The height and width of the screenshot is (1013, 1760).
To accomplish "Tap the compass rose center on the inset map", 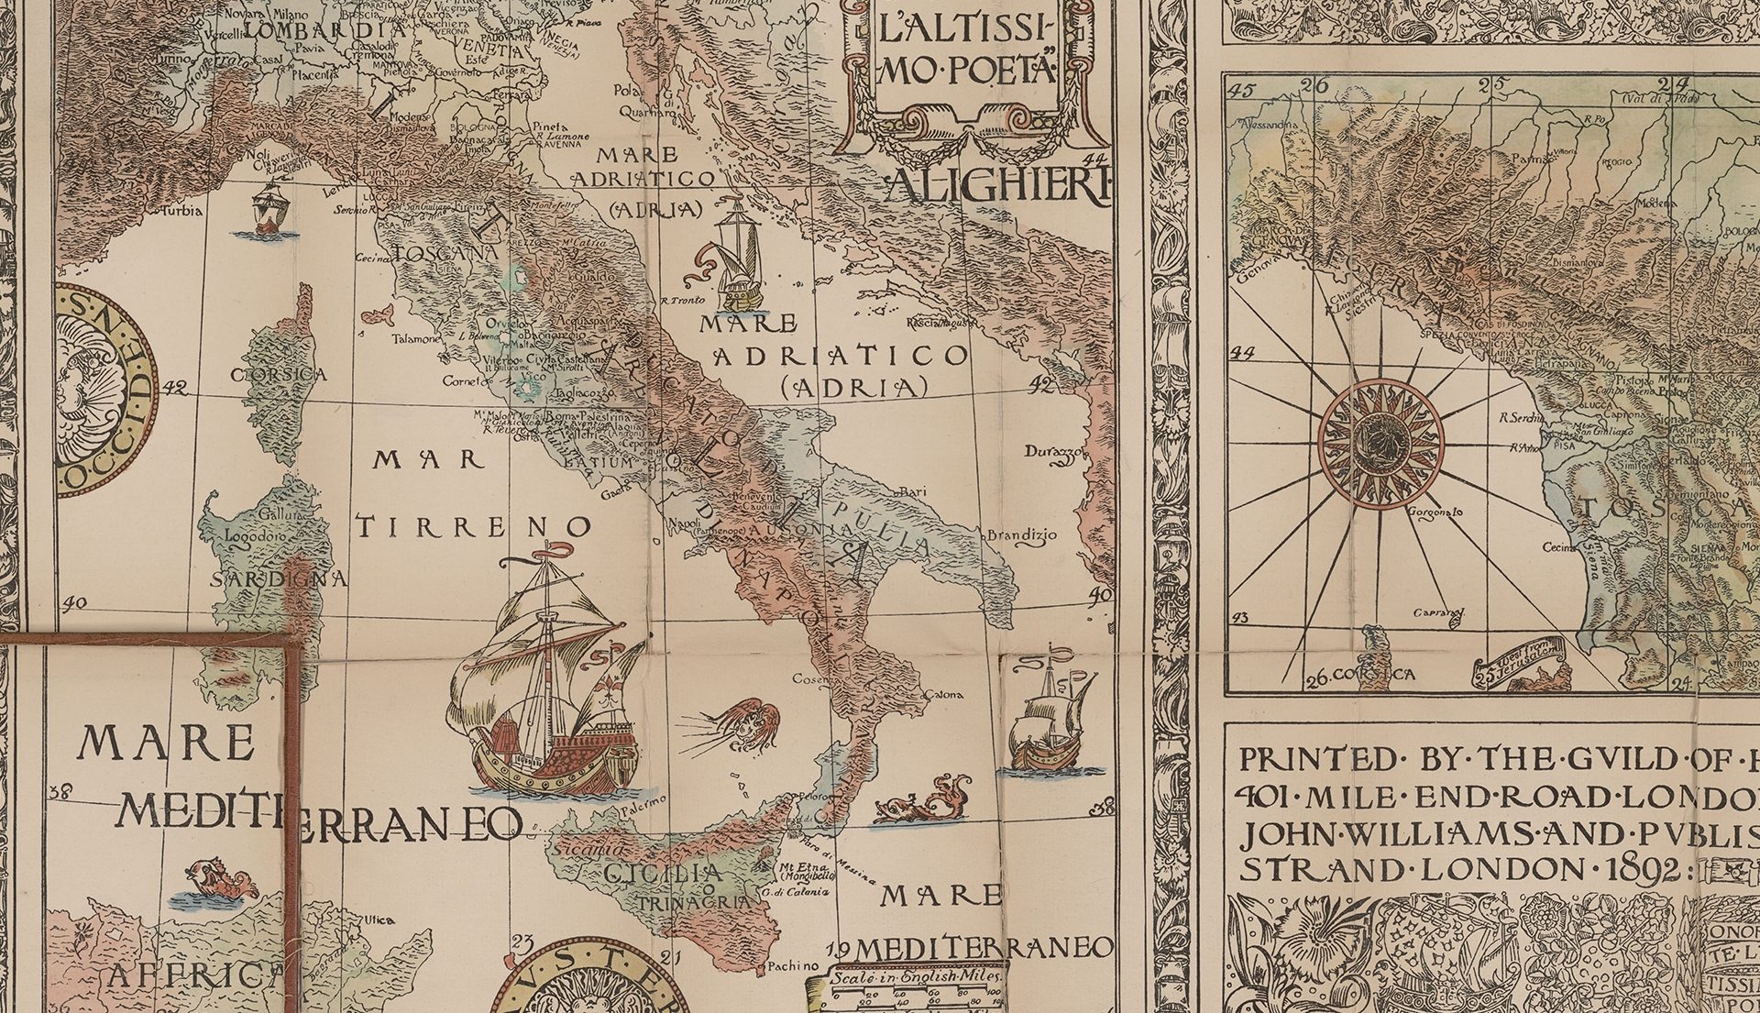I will point(1380,444).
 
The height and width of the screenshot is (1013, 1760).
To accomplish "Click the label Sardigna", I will point(279,579).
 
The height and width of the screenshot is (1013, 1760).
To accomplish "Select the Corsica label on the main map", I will point(278,375).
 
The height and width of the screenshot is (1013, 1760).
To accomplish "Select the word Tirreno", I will point(474,527).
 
